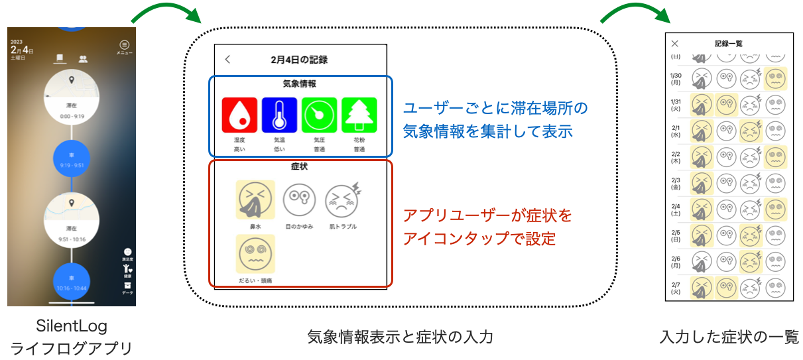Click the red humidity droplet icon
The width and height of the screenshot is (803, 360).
[x=239, y=115]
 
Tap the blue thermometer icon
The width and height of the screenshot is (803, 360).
[x=278, y=115]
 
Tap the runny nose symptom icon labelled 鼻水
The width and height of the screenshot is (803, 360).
[x=255, y=200]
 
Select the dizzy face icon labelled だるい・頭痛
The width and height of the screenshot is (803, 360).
[x=255, y=254]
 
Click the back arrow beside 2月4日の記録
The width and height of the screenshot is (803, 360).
[x=228, y=60]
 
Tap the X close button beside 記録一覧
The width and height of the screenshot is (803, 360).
[x=675, y=44]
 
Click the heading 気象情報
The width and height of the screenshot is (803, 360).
[x=299, y=84]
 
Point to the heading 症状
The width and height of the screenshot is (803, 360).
[x=299, y=166]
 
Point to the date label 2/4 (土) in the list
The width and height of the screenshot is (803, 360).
[x=676, y=209]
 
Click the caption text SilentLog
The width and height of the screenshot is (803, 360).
[x=72, y=327]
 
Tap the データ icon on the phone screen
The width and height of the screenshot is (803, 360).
[x=127, y=287]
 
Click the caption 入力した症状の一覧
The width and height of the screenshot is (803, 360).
[x=729, y=337]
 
